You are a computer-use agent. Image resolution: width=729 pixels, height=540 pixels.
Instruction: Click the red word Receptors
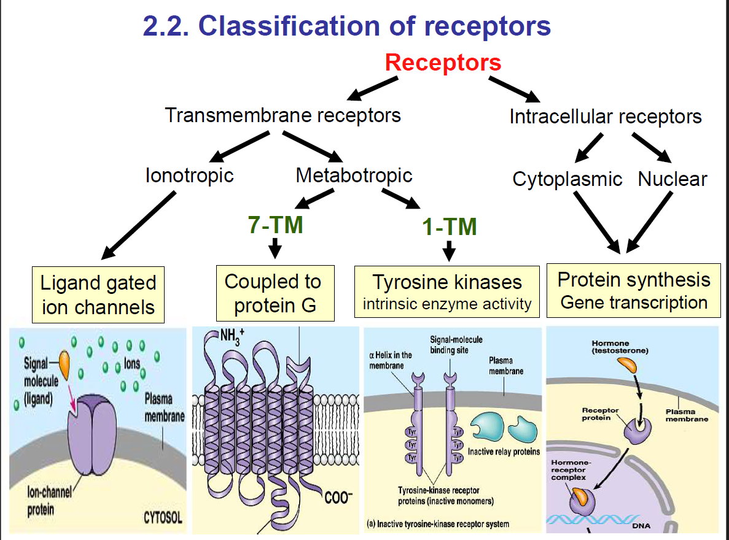[443, 63]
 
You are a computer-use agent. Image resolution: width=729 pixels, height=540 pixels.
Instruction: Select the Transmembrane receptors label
[283, 115]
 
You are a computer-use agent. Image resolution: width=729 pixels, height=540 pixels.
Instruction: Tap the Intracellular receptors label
[605, 117]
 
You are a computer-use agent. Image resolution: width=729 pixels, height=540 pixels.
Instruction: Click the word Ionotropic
[189, 175]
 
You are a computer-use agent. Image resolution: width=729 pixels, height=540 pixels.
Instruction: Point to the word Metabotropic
[354, 175]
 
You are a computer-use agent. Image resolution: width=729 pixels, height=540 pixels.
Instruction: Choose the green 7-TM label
[275, 225]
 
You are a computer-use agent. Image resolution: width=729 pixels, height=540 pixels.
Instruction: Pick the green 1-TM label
[449, 228]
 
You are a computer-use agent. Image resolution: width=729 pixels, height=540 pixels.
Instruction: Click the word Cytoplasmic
[567, 179]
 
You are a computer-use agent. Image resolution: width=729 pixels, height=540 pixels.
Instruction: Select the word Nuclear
[672, 179]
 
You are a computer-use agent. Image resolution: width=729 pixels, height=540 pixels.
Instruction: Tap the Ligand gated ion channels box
[98, 295]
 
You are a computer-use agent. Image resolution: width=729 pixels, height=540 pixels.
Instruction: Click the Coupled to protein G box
[275, 293]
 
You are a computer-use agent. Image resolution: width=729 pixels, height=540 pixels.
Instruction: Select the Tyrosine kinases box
[447, 291]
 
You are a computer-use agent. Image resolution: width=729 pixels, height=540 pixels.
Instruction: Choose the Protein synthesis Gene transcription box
[633, 291]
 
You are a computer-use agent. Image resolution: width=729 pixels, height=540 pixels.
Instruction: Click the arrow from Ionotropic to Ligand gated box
[139, 225]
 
